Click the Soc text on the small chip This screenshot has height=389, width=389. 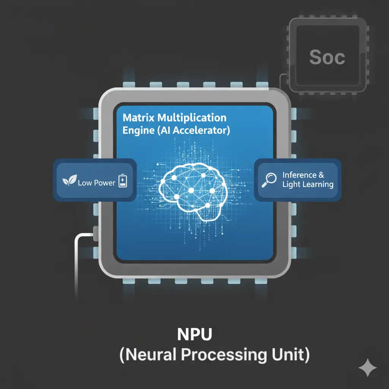coord(327,57)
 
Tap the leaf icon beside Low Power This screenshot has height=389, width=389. coord(69,182)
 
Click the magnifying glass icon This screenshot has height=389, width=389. coord(269,180)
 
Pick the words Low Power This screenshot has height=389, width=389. coord(96,183)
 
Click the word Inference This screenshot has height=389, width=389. coord(299,175)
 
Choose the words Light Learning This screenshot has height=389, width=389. coord(308,185)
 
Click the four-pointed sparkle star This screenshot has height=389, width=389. coord(368,368)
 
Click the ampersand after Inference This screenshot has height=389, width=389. coord(321,175)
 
